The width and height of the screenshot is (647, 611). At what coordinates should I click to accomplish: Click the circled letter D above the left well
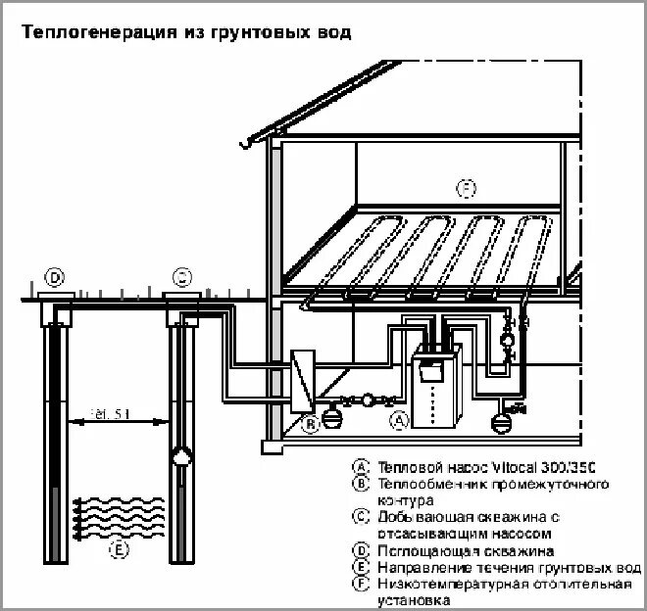pyautogui.click(x=55, y=278)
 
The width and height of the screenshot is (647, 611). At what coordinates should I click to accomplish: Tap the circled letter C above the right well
pyautogui.click(x=182, y=277)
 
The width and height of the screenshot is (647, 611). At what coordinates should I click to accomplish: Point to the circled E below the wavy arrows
pyautogui.click(x=119, y=549)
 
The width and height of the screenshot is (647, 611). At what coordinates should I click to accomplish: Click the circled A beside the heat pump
pyautogui.click(x=399, y=422)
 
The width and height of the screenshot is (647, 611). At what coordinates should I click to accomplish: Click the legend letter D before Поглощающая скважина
pyautogui.click(x=362, y=551)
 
